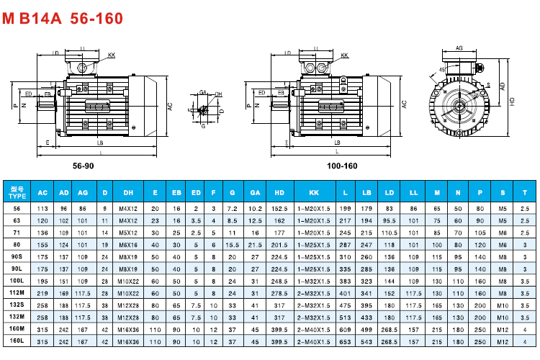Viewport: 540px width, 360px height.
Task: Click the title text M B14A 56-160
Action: point(63,17)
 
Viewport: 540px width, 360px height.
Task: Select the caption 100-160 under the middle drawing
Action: point(342,166)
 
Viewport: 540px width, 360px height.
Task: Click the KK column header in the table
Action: point(314,193)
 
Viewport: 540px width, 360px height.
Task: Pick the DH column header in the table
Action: point(128,193)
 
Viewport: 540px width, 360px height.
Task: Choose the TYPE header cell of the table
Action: point(17,193)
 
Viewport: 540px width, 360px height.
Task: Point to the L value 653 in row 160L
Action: point(346,342)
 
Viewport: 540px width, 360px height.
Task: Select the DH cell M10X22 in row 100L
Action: point(128,281)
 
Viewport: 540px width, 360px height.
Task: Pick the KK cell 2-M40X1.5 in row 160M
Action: point(314,330)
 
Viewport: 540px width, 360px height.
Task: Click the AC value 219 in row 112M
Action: point(42,293)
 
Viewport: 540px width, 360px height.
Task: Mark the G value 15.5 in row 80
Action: point(233,244)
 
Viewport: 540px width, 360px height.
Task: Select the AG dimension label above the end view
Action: point(459,48)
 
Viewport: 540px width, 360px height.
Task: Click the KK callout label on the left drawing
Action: point(111,55)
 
